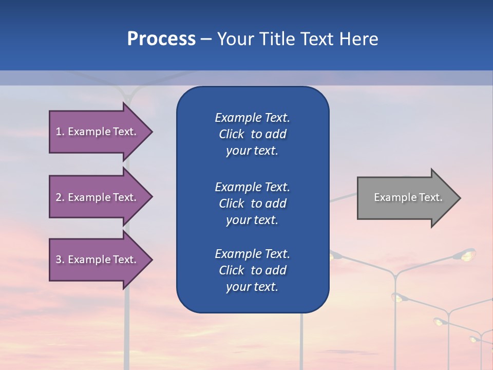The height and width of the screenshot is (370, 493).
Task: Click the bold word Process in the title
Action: pyautogui.click(x=161, y=39)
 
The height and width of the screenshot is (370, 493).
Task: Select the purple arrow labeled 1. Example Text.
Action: pyautogui.click(x=98, y=132)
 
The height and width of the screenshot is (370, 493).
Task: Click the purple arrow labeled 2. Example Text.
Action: pyautogui.click(x=98, y=197)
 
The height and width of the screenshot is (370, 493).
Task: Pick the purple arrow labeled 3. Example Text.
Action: pyautogui.click(x=98, y=260)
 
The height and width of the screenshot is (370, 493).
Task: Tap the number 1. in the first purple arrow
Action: pyautogui.click(x=60, y=132)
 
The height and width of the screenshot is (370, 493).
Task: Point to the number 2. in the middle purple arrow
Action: pyautogui.click(x=60, y=197)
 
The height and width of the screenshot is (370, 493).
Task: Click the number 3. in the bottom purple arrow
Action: pyautogui.click(x=60, y=260)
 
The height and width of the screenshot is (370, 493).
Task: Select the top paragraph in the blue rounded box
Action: pyautogui.click(x=252, y=134)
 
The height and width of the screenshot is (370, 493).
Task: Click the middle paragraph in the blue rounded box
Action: pyautogui.click(x=252, y=203)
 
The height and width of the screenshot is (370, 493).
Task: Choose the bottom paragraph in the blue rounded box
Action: pyautogui.click(x=252, y=270)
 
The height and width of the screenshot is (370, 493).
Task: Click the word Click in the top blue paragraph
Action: pyautogui.click(x=231, y=134)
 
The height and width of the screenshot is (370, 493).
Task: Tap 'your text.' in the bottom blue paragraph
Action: pyautogui.click(x=252, y=287)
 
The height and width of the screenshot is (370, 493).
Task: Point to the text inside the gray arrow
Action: pyautogui.click(x=408, y=197)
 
